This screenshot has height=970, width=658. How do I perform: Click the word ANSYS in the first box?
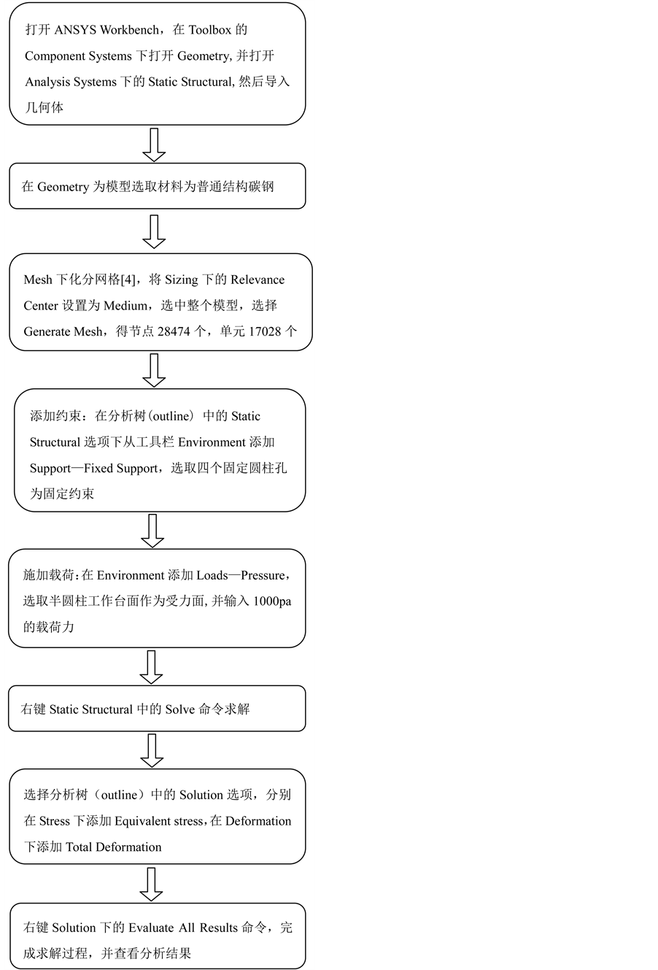(x=75, y=30)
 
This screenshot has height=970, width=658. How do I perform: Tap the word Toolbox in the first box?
(x=209, y=30)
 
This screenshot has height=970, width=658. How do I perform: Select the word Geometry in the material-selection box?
(x=63, y=187)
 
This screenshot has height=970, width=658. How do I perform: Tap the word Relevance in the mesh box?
(x=258, y=280)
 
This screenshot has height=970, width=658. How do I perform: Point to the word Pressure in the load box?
(x=263, y=575)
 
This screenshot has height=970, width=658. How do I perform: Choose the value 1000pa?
(x=272, y=601)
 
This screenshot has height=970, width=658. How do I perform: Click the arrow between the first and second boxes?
(x=154, y=145)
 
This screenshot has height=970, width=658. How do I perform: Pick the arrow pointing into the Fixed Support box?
(x=154, y=370)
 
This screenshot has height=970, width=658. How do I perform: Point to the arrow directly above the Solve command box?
(x=151, y=666)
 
